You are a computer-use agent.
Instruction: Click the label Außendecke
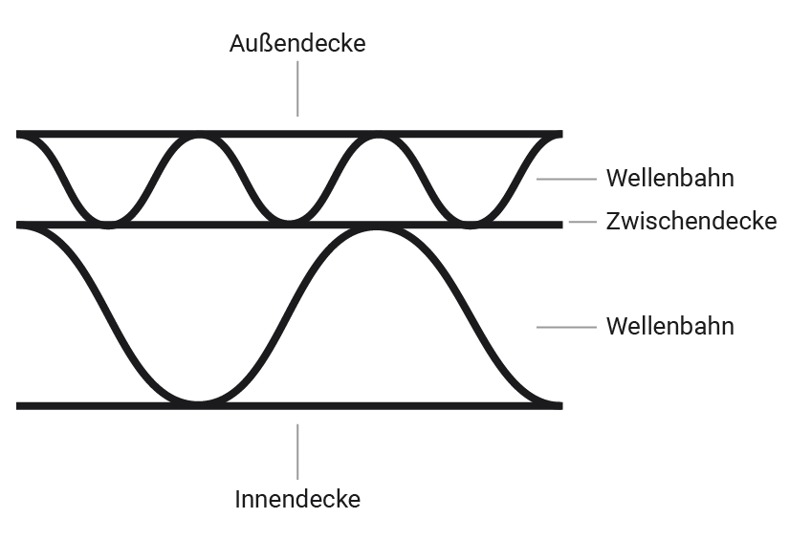tap(297, 44)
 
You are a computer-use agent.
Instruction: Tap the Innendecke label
tap(297, 499)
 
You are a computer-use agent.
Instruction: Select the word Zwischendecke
tap(690, 222)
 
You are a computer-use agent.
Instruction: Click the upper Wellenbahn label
tap(669, 179)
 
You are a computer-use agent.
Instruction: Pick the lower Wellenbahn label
tap(669, 327)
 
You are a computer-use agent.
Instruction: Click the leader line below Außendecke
tap(297, 89)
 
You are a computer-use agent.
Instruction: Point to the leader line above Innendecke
tap(297, 451)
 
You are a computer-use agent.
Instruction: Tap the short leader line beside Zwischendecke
tap(582, 222)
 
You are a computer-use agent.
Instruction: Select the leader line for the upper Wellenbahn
tap(566, 179)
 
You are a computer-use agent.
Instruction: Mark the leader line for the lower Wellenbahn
tap(566, 327)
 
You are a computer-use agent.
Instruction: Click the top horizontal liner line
tap(287, 134)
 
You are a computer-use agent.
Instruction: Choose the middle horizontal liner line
tap(239, 226)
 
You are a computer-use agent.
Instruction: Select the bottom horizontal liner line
tap(383, 406)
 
